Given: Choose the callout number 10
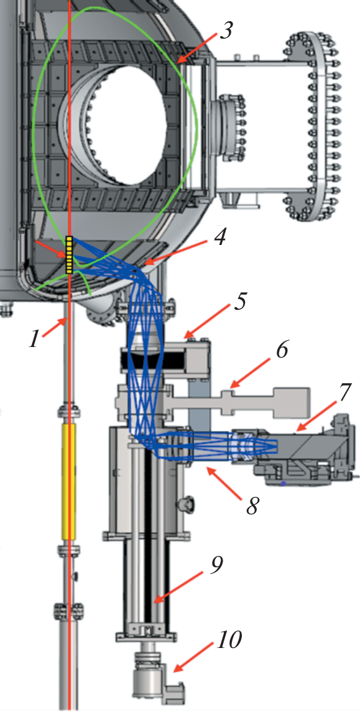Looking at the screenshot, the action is [x=228, y=640].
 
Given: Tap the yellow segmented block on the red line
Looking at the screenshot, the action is [x=69, y=255].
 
